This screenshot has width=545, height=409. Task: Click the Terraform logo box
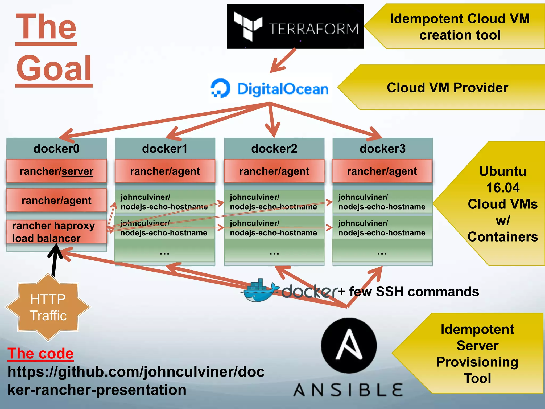[x=295, y=26]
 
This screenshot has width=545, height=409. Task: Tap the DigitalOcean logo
[x=269, y=89]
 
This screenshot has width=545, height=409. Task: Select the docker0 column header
[x=56, y=149]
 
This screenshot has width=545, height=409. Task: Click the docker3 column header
[x=382, y=149]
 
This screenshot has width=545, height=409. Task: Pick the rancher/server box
[x=56, y=171]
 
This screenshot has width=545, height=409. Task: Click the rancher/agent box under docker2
[x=274, y=171]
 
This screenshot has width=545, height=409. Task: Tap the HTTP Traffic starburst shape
[x=48, y=308]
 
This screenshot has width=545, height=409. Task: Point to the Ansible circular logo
[x=349, y=345]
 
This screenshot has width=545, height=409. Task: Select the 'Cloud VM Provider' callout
[x=447, y=88]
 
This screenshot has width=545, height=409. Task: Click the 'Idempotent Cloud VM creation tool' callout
[x=460, y=27]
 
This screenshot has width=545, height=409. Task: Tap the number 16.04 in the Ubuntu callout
[x=503, y=188]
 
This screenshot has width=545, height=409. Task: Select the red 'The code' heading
[x=40, y=354]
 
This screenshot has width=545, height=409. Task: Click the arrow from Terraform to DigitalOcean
[x=283, y=61]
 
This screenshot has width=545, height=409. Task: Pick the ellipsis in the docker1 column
[x=164, y=252]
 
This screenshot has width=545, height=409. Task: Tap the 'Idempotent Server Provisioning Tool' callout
[x=477, y=354]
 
